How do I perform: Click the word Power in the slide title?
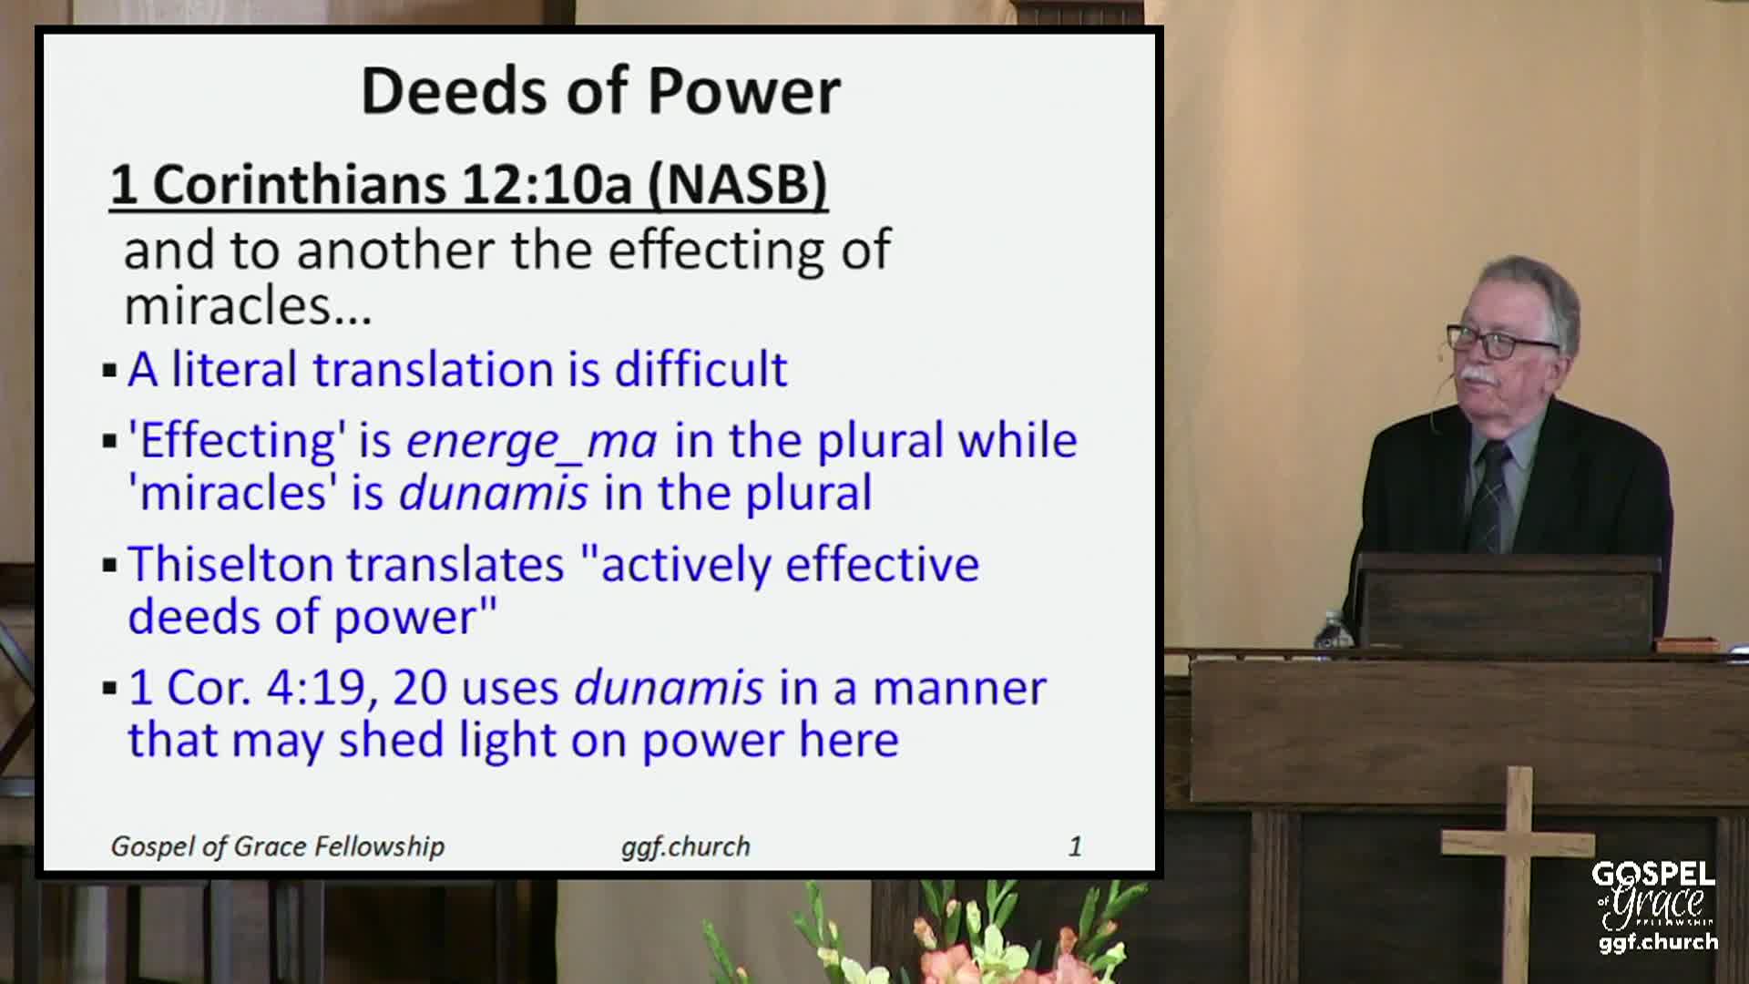(743, 91)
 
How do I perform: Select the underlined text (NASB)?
(737, 184)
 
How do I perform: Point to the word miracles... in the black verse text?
(248, 305)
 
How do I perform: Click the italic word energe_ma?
(531, 442)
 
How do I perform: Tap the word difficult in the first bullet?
(701, 369)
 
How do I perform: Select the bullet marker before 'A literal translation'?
(110, 371)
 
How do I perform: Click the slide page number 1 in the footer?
(1075, 846)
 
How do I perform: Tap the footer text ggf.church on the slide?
(686, 847)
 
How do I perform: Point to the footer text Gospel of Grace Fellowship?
(277, 847)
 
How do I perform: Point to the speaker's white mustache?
(1477, 374)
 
